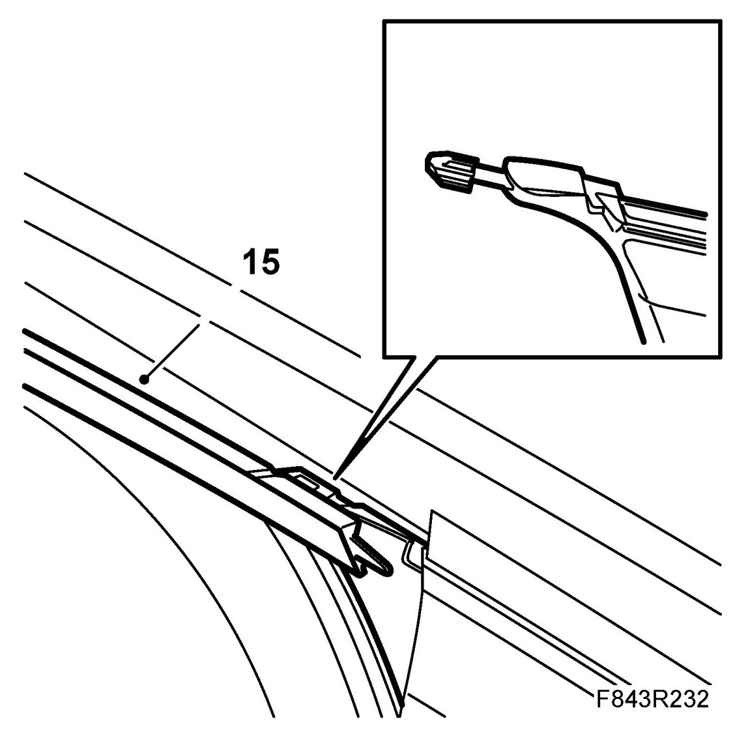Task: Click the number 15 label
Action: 261,262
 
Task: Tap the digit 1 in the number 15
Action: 249,262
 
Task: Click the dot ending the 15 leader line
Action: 149,377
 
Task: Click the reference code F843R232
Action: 652,699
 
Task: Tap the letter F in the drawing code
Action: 602,699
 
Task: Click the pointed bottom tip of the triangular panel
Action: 402,704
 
